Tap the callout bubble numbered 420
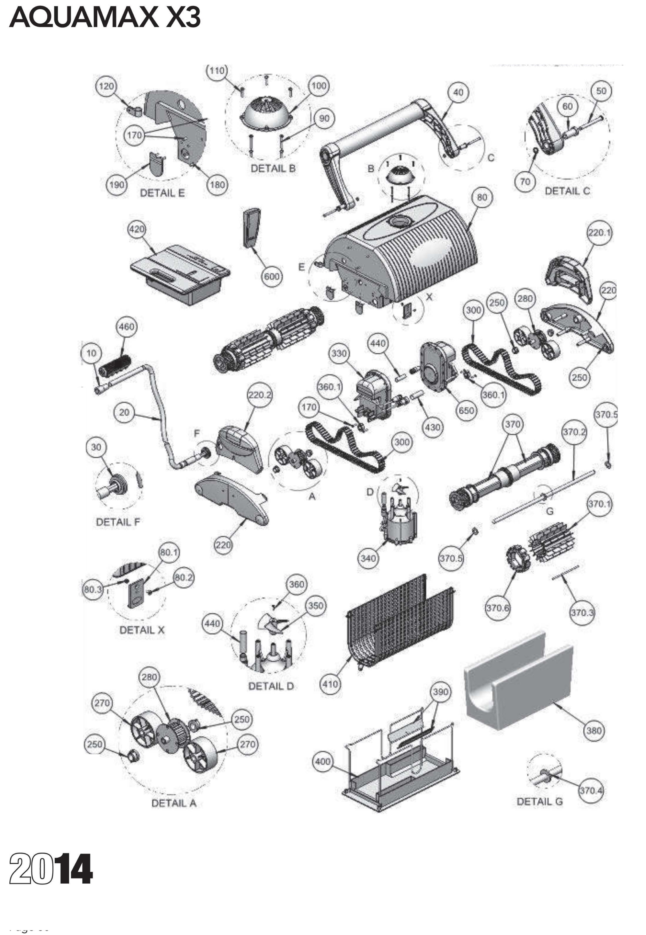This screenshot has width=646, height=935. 137,229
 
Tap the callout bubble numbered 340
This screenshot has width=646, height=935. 368,558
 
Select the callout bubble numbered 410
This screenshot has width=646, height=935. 330,684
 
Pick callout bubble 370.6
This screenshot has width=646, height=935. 497,608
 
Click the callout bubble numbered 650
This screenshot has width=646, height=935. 466,410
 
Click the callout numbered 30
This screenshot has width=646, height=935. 96,447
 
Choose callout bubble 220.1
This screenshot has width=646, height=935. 599,233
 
